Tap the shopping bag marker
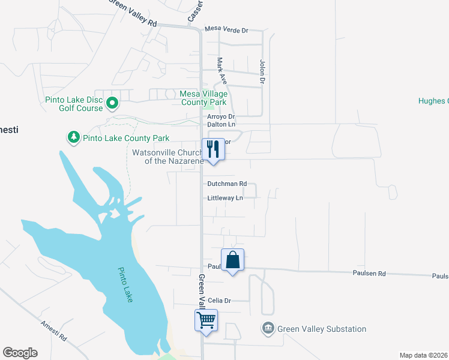(x=233, y=260)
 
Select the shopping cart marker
(x=206, y=320)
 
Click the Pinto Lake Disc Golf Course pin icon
(x=112, y=104)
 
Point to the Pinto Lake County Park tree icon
(x=74, y=138)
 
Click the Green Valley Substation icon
(x=268, y=329)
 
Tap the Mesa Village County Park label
(x=204, y=98)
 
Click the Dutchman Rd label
(x=227, y=184)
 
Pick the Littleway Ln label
(x=225, y=198)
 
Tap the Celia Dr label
(x=219, y=300)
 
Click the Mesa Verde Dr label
(x=226, y=29)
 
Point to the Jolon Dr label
(x=262, y=71)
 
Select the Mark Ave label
(x=221, y=70)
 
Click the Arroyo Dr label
(x=220, y=116)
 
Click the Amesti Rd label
(x=53, y=331)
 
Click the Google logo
(x=20, y=353)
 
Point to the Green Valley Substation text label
(x=322, y=329)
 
